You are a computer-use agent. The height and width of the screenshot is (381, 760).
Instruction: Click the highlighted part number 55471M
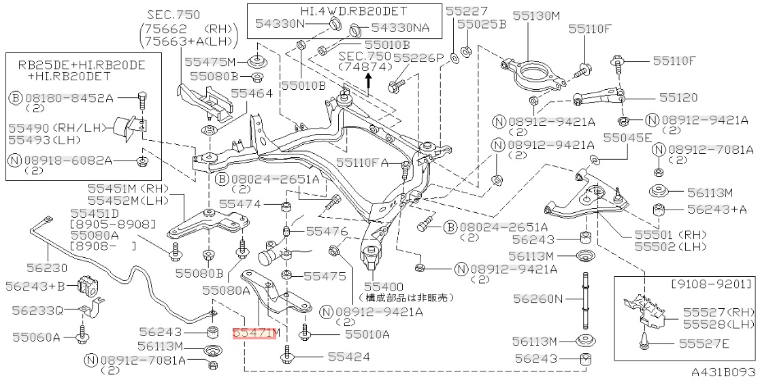click(x=256, y=333)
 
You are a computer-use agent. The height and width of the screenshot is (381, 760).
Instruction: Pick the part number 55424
click(x=349, y=357)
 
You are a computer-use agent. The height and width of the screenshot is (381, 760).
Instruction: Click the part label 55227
click(x=467, y=11)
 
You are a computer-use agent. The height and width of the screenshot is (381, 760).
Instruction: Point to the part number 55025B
click(x=482, y=24)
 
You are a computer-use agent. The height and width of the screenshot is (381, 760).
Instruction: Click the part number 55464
click(x=252, y=93)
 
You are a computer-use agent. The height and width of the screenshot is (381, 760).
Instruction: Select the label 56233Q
click(x=37, y=311)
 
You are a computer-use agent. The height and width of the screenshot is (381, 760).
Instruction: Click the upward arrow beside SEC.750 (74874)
click(x=367, y=81)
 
